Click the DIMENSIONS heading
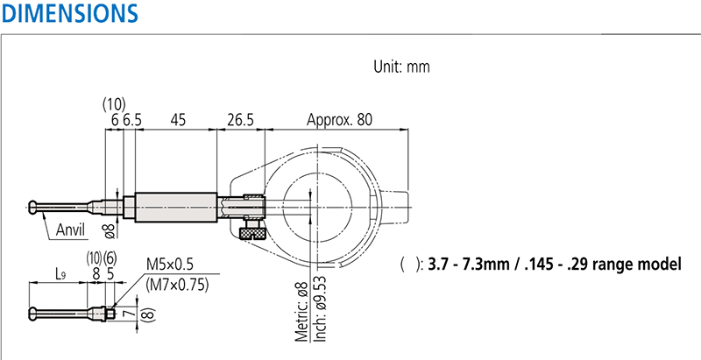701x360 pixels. pos(69,13)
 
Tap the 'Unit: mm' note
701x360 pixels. pos(401,67)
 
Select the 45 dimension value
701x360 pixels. pos(178,120)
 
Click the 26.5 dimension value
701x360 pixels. pos(239,120)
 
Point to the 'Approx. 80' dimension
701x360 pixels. pos(339,120)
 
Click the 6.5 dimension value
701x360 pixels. pos(132,120)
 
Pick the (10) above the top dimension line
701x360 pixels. pos(114,104)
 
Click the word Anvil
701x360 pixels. pos(71,229)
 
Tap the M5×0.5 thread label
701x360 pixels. pos(169,265)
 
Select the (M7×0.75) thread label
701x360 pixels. pos(177,285)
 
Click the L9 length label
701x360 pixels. pos(60,274)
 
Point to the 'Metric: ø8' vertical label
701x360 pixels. pos(302,311)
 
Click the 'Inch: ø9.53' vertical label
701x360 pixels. pos(321,308)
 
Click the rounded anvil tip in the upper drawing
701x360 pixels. pos(32,207)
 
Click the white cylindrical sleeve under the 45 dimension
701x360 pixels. pos(176,207)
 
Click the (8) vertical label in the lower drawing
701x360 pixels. pos(149,314)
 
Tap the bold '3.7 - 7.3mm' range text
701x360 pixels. pos(469,264)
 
